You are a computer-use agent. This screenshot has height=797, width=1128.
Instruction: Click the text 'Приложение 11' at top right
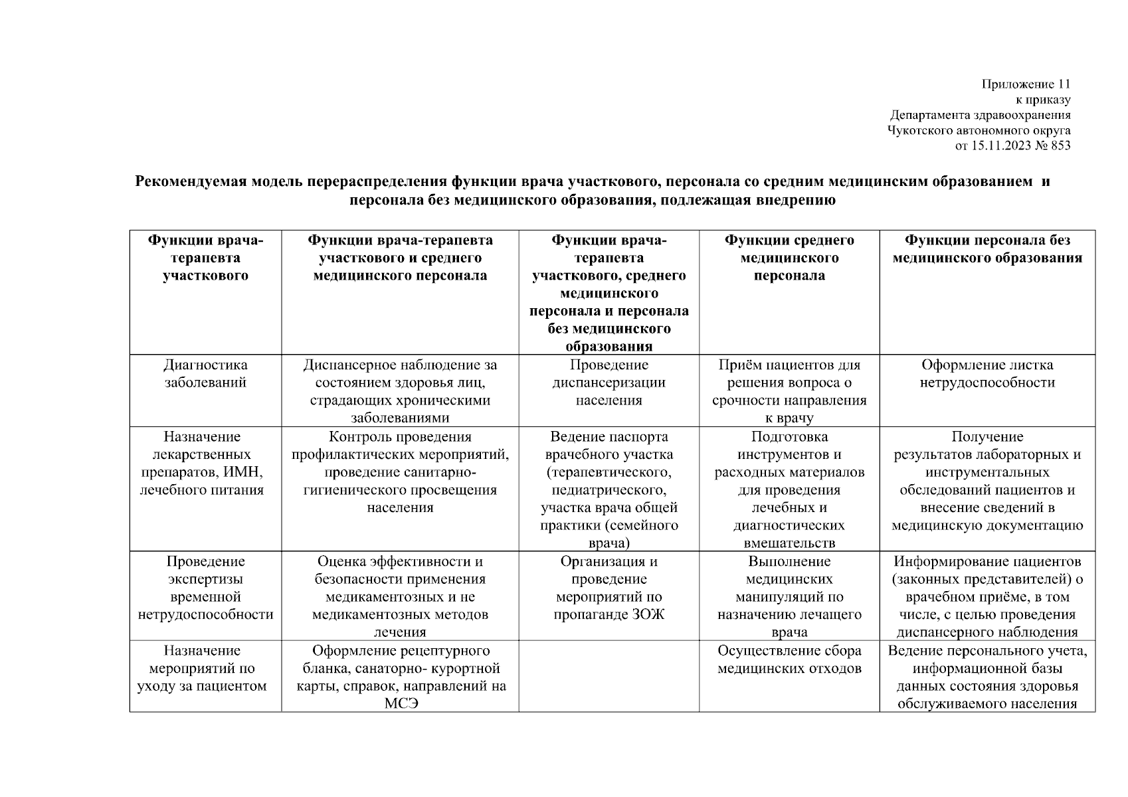pos(1026,84)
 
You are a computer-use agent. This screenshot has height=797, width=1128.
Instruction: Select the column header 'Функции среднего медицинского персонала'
pos(789,258)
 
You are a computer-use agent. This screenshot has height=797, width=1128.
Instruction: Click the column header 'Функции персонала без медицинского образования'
pos(987,249)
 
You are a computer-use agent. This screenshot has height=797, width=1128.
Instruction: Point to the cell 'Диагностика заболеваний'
pos(205,374)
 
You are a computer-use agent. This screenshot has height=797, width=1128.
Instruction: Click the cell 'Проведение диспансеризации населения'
pos(609,383)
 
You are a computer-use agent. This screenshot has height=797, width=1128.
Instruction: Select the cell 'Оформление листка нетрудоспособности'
pos(987,374)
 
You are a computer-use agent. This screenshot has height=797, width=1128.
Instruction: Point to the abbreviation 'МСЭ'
pos(401,703)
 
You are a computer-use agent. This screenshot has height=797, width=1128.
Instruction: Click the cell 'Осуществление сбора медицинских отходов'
pos(789,660)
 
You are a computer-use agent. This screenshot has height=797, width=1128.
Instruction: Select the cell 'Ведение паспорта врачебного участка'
pos(609,490)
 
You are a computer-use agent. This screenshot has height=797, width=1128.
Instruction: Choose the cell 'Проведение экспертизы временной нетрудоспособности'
pos(205,588)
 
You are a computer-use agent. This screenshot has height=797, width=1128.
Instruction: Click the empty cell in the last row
pos(609,676)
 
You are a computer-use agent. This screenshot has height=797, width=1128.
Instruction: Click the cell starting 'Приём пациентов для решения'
pos(789,391)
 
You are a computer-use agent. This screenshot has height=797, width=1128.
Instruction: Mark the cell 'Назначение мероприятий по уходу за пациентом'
pos(205,668)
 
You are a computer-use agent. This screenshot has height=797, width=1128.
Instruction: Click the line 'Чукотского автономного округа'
pos(979,130)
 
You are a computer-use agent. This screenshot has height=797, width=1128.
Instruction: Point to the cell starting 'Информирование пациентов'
pos(987,596)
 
